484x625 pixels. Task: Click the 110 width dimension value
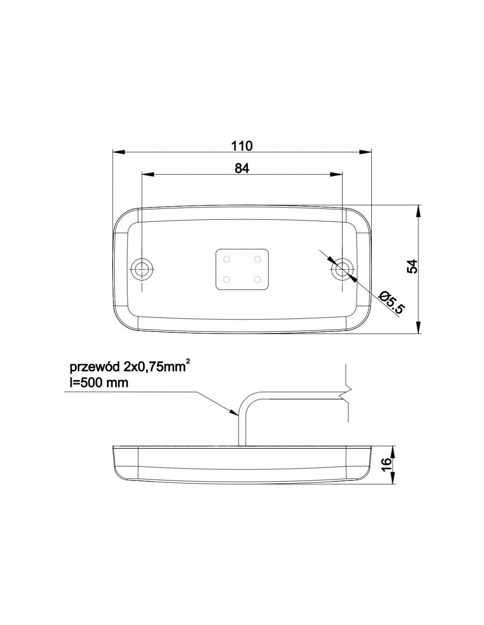click(x=242, y=146)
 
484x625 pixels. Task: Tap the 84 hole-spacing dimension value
click(x=242, y=168)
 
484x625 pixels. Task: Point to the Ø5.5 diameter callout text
click(x=392, y=302)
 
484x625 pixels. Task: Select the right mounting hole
click(x=342, y=269)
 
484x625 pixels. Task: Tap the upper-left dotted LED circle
click(x=227, y=259)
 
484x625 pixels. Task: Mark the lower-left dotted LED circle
click(x=227, y=279)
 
